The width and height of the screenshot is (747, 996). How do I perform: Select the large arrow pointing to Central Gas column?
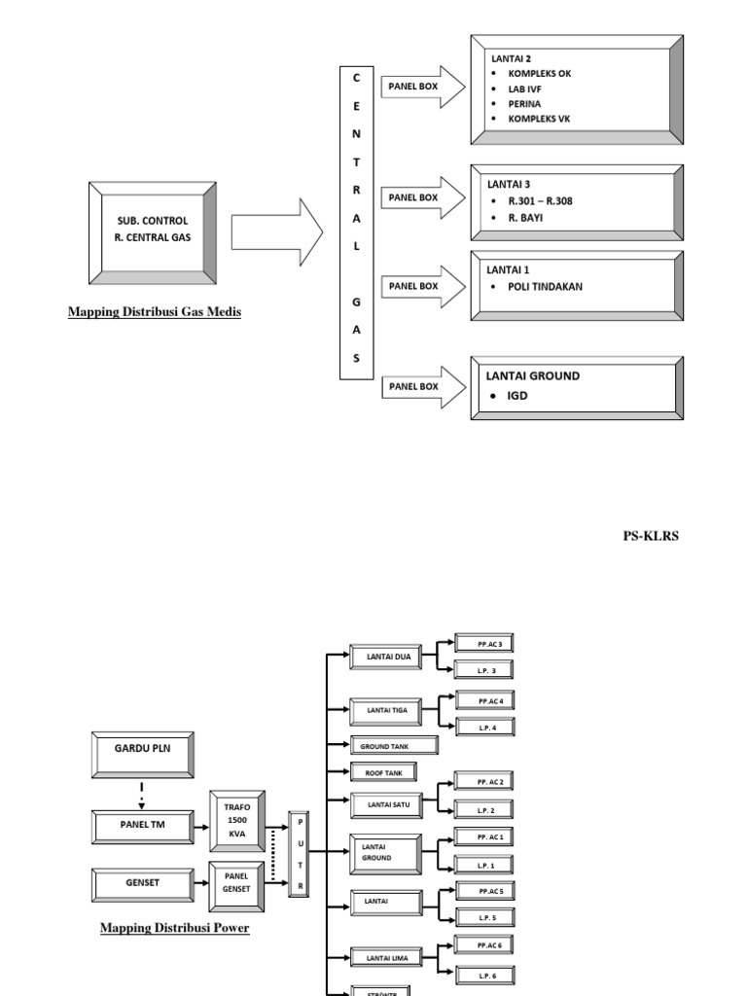coord(277,232)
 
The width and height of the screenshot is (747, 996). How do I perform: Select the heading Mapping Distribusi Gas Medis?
coord(155,312)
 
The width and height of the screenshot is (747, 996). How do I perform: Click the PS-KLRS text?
coord(651,536)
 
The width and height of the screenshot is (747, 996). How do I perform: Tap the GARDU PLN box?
coord(142,754)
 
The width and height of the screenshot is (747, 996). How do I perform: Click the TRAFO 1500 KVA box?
coord(237,820)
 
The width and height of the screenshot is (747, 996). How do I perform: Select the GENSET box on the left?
coord(142,883)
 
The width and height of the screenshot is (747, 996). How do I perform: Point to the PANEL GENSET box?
coord(237,881)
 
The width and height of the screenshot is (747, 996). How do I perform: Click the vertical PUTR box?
coord(299,854)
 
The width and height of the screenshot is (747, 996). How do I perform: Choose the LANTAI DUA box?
coord(387,658)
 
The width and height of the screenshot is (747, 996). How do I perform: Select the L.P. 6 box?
coord(487,975)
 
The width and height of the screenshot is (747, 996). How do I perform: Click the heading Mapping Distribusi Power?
coord(175,928)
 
